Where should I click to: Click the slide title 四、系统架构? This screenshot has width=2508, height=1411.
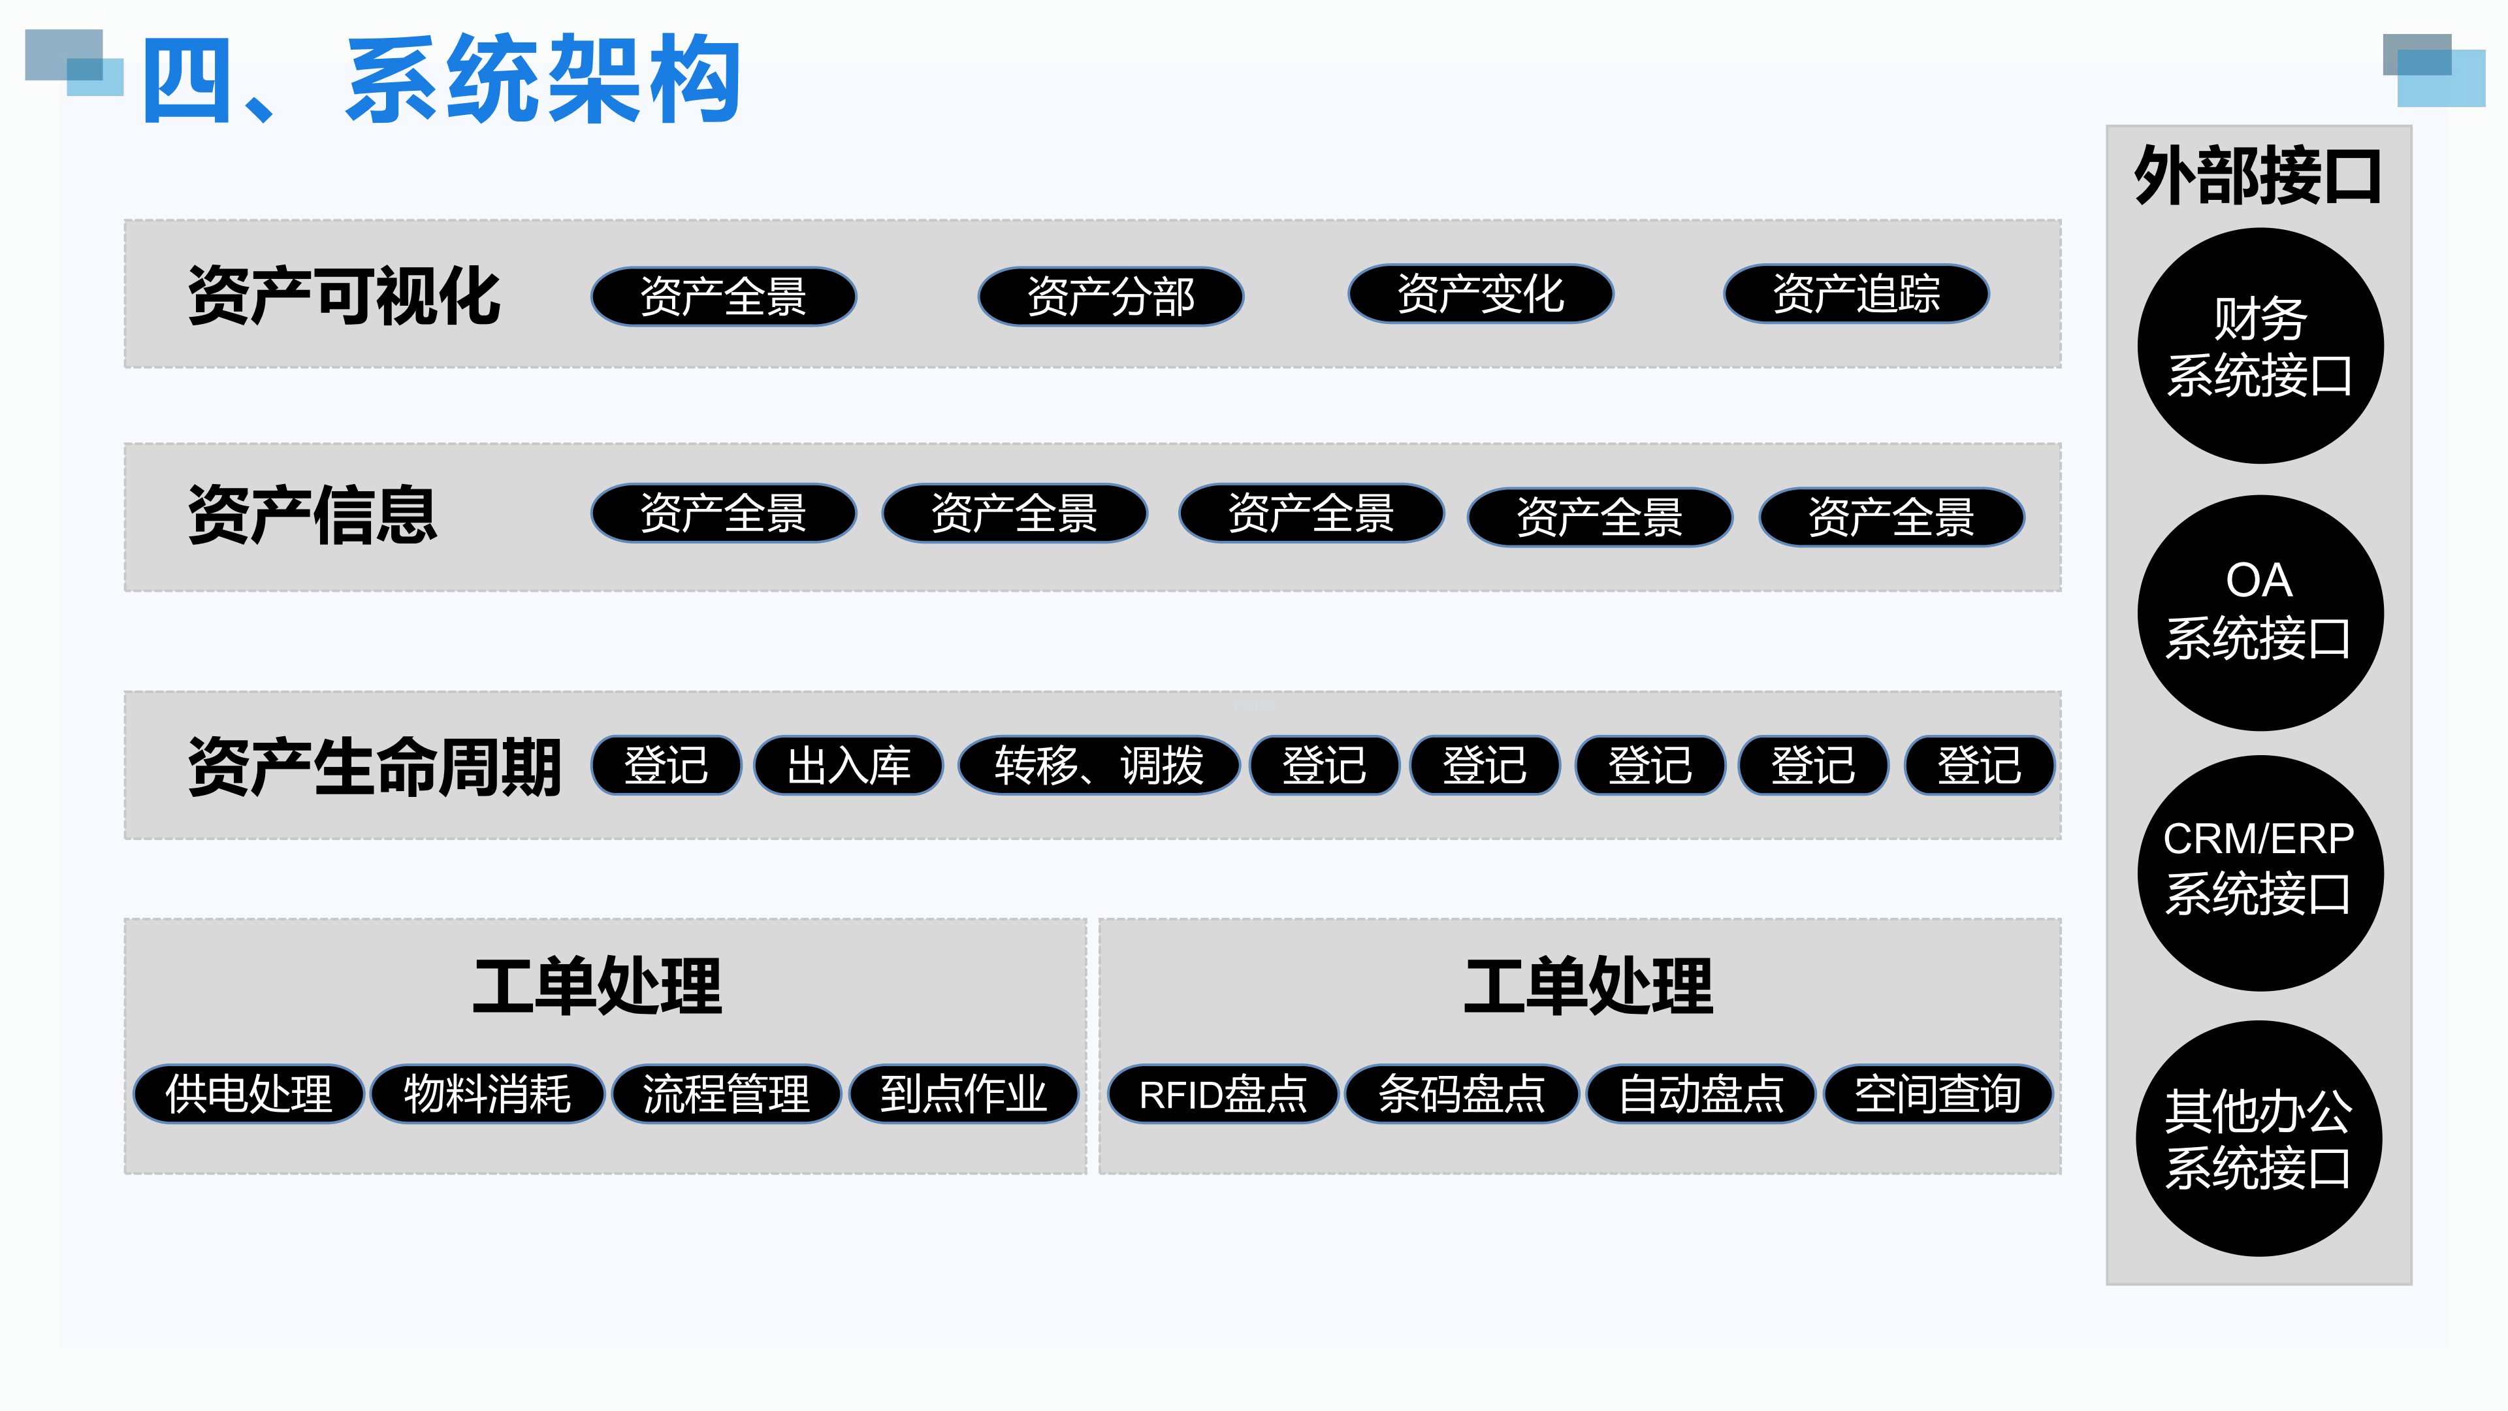tap(443, 80)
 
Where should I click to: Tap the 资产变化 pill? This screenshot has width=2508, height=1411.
tap(1480, 294)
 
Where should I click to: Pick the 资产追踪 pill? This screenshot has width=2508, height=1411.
tap(1856, 294)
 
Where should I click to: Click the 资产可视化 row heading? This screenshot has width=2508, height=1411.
tap(344, 296)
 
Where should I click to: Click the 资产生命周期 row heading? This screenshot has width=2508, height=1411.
tap(375, 766)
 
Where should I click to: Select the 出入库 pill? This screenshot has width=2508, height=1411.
tap(848, 766)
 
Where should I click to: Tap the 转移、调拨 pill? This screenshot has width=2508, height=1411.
tap(1098, 766)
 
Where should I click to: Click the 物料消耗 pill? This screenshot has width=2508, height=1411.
tap(487, 1094)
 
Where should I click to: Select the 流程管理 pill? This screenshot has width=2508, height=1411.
tap(726, 1094)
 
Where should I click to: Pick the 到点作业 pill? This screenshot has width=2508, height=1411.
tap(964, 1094)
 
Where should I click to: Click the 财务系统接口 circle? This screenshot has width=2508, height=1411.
tap(2260, 347)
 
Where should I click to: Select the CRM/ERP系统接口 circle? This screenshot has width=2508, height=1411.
tap(2260, 873)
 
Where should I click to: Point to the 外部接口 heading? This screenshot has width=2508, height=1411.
tap(2258, 177)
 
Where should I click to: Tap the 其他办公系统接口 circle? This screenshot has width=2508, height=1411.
tap(2259, 1139)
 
